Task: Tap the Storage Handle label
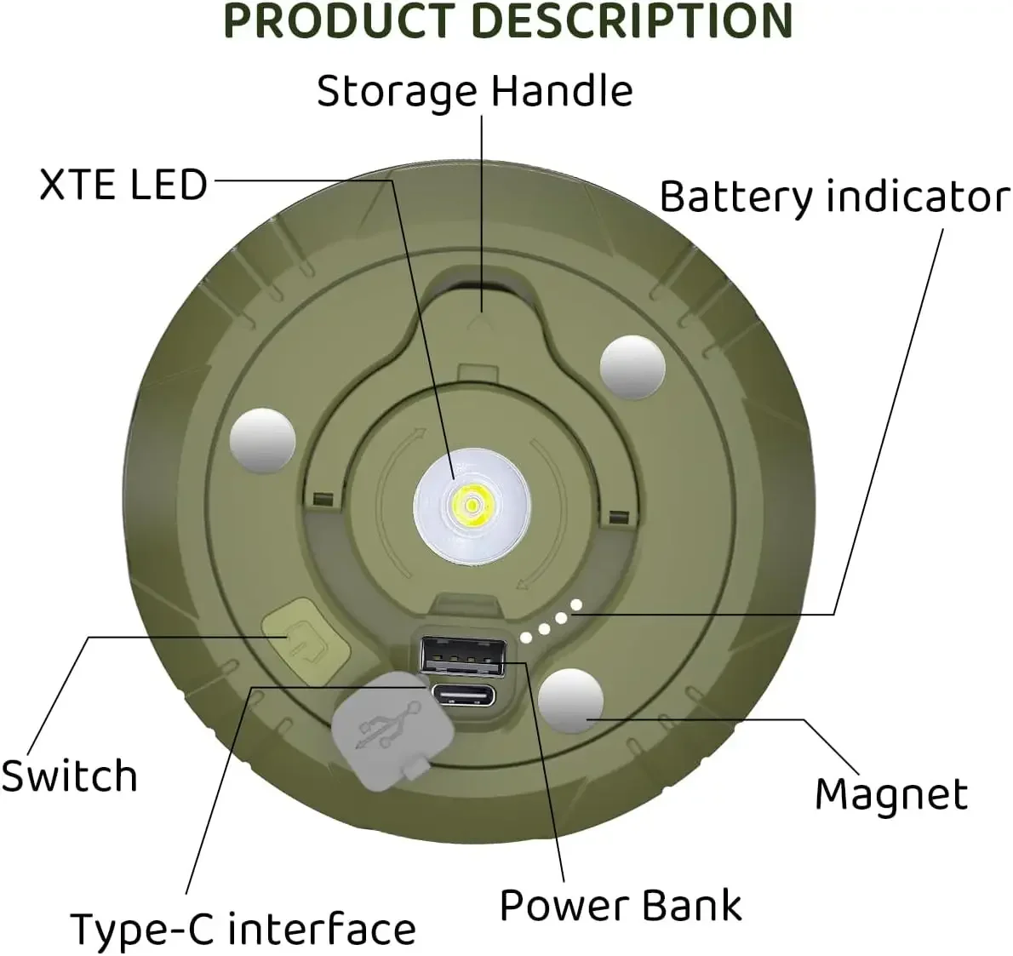point(474,91)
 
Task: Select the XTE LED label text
point(123,185)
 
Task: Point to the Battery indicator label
point(834,197)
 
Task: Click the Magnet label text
point(891,794)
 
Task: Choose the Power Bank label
point(621,904)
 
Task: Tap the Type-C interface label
point(243,929)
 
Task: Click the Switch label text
point(69,776)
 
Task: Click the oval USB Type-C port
point(463,696)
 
